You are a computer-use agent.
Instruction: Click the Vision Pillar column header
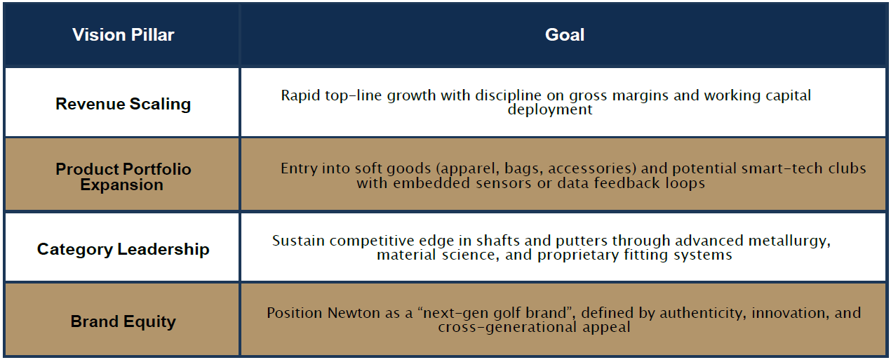click(123, 35)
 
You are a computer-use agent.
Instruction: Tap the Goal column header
click(565, 35)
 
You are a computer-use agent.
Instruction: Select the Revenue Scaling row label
click(123, 105)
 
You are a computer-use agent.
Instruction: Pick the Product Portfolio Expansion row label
click(123, 177)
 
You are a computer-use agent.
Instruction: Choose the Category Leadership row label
click(123, 249)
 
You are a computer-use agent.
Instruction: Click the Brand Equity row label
click(123, 321)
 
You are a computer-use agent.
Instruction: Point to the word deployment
click(550, 110)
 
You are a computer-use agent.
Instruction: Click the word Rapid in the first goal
click(301, 96)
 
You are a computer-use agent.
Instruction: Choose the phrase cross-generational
click(507, 328)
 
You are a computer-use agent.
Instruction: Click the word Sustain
click(298, 241)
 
